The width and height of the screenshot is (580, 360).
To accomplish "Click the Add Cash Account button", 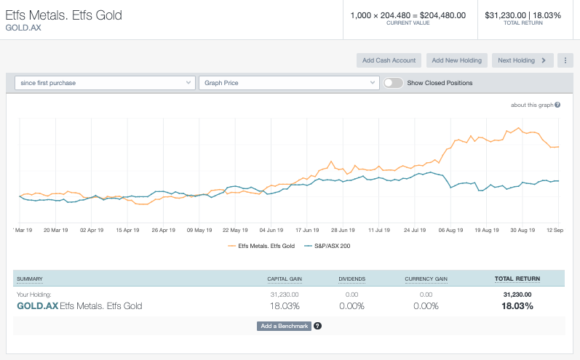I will (389, 60).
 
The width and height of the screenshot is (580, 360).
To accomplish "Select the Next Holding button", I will (522, 60).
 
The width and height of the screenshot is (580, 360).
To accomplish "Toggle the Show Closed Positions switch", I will (393, 83).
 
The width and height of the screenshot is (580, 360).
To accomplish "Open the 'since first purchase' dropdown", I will (105, 83).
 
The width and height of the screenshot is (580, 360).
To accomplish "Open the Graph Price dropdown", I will (287, 83).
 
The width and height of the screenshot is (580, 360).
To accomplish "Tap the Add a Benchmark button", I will (284, 326).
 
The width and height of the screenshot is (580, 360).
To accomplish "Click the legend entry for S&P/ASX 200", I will (329, 246).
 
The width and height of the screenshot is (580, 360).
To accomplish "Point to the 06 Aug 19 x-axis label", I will (451, 230).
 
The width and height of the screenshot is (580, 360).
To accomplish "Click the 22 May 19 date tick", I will (235, 230).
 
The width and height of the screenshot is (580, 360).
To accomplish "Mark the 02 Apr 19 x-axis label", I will (92, 230).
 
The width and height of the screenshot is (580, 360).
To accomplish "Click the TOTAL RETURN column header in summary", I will (517, 279).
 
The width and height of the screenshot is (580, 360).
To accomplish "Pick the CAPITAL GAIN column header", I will (285, 279).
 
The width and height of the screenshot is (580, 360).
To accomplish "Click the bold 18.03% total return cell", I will (517, 306).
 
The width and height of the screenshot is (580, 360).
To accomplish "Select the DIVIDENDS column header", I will (352, 279).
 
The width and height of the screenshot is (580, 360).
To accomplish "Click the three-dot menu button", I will (565, 60).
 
